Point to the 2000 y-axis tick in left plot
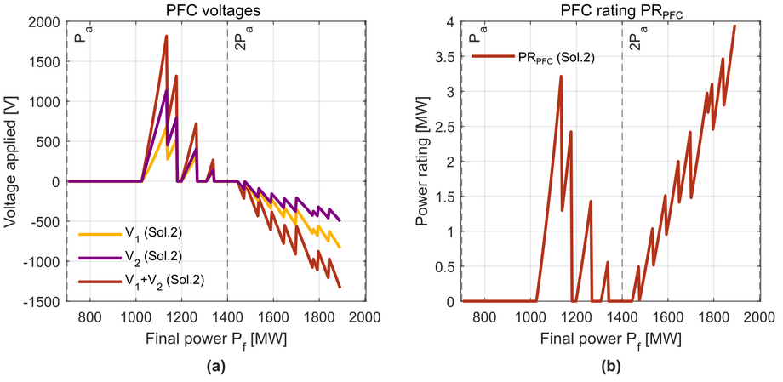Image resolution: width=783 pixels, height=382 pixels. (48, 21)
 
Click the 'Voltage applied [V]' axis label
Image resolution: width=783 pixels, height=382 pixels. (11, 161)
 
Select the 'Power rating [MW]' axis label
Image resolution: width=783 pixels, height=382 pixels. (423, 161)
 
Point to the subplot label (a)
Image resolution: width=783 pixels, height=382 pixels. (216, 369)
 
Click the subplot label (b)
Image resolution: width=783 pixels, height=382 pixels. (610, 369)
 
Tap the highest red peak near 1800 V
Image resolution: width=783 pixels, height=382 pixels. (166, 37)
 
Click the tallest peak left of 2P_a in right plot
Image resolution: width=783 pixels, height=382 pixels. (561, 77)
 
